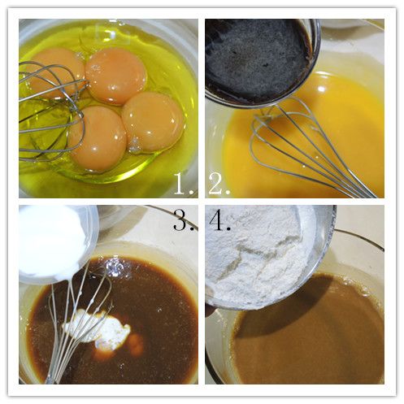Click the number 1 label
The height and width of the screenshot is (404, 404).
tap(184, 184)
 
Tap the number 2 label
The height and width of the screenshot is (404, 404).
tap(219, 184)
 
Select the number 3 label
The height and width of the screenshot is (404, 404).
tap(184, 220)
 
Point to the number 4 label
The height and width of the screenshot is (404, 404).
tap(219, 220)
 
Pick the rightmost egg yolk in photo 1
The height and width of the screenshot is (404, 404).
tap(153, 122)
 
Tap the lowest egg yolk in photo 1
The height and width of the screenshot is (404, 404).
tap(97, 139)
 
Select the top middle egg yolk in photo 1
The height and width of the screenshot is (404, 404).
tap(116, 76)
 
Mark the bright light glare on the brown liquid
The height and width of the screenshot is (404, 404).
tap(115, 267)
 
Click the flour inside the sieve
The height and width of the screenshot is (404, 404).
tap(258, 254)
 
